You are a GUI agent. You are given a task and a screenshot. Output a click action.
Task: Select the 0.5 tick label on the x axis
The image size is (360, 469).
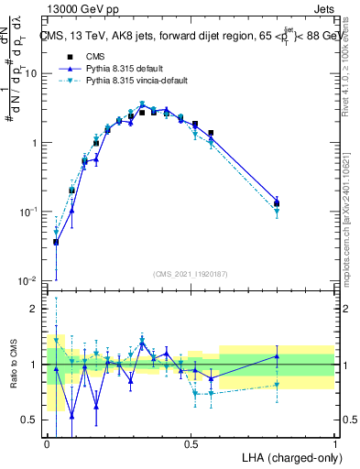(191, 443)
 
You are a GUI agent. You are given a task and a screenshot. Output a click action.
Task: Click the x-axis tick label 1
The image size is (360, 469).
(335, 443)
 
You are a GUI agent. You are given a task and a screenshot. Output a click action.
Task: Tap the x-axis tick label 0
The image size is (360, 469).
(47, 443)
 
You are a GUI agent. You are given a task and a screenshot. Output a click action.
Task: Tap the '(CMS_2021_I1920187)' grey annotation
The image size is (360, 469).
(190, 274)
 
